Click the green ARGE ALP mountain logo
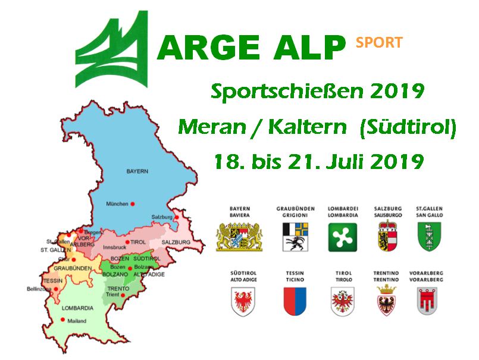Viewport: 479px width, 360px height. (112, 49)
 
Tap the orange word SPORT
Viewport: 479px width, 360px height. (379, 42)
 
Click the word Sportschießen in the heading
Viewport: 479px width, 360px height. (287, 91)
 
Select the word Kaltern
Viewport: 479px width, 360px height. (308, 127)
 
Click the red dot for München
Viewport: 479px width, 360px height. (133, 204)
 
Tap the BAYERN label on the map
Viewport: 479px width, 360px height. (137, 171)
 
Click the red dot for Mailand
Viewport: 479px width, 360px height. (62, 320)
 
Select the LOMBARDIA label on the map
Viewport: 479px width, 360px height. (77, 308)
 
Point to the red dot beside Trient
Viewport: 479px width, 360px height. (123, 295)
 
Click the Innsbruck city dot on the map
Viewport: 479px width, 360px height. (127, 242)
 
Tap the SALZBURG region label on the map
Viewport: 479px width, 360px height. (176, 242)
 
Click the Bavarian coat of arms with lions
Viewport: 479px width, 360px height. (239, 237)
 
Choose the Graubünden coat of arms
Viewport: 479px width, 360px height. (295, 237)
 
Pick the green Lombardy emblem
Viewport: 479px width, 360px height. (343, 237)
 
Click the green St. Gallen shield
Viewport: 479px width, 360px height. (429, 237)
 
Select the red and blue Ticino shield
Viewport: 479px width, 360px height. (295, 301)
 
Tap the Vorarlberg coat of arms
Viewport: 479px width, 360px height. (427, 301)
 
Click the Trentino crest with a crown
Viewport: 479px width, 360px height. (386, 299)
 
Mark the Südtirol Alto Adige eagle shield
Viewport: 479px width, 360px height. (243, 302)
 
